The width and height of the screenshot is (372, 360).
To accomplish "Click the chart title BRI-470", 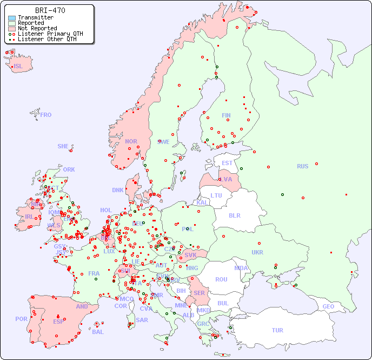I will pos(50,10).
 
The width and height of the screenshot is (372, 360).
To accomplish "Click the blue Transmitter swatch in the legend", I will pos(12,18).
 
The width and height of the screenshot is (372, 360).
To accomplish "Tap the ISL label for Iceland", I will pos(18,67).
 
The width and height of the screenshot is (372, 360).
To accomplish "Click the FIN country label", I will pos(226,115).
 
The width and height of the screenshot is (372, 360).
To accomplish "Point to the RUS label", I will pos(302,166).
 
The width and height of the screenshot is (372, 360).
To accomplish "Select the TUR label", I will pos(277,330).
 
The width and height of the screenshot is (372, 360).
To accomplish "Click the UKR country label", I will pos(257,252).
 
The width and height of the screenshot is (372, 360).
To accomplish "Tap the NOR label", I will pos(131,141).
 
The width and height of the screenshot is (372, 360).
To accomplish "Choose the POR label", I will pos(21,319).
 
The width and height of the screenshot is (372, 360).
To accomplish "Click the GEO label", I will pos(328,306).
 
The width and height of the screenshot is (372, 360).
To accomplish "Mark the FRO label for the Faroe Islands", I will pos(46,115).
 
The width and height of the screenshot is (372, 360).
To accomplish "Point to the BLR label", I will pos(234,215).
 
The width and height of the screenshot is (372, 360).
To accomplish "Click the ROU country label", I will pos(221,279).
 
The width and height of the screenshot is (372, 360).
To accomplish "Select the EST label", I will pos(227,163).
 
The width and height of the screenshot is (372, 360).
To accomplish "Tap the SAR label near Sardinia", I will pos(142,320).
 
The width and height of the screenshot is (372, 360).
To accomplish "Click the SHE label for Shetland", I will pos(63,146).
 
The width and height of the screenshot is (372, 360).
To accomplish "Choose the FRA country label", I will pos(94,273).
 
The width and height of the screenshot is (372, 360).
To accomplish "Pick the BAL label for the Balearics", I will pos(98,332).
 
